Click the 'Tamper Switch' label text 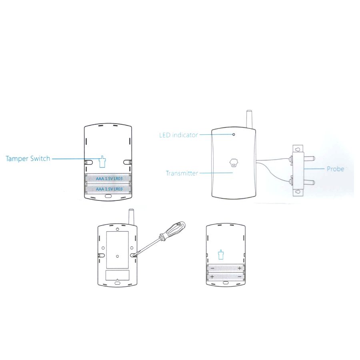(x=28, y=159)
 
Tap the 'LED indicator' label (x=179, y=135)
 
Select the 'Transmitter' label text (x=182, y=173)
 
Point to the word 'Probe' (x=336, y=169)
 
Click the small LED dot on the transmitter (x=234, y=134)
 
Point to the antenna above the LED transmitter (x=249, y=119)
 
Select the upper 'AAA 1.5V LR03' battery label (x=109, y=179)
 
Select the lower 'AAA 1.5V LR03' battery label (x=109, y=189)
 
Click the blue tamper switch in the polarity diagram (x=221, y=254)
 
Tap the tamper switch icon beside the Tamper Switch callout (x=102, y=162)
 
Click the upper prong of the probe (x=309, y=158)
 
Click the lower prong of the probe (x=309, y=183)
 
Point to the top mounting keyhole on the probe (x=298, y=150)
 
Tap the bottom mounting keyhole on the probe (x=298, y=192)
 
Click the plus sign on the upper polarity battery (x=240, y=268)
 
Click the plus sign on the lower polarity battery (x=212, y=277)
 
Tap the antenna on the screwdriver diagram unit (x=131, y=217)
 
